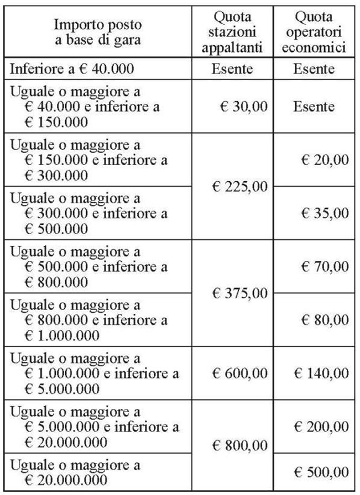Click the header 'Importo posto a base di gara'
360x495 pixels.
coord(97,32)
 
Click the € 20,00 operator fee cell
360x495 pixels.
coord(325,160)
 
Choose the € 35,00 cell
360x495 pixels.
coord(325,213)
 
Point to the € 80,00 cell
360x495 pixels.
coord(325,320)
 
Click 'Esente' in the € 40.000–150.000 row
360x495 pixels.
coord(314,106)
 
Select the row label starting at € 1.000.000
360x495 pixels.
coord(94,373)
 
